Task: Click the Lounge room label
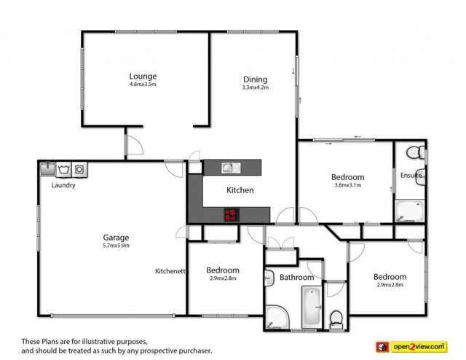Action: click(x=143, y=76)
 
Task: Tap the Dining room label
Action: click(x=255, y=79)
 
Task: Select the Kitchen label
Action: click(x=240, y=190)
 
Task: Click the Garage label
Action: click(x=116, y=238)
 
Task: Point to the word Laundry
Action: click(x=64, y=185)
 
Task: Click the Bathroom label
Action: click(x=297, y=278)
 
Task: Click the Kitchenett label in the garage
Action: click(x=171, y=271)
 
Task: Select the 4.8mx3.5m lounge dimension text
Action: click(x=143, y=85)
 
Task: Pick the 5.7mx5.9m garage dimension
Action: click(x=116, y=246)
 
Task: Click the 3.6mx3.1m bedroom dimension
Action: click(x=347, y=186)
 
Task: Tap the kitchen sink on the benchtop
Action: click(x=231, y=168)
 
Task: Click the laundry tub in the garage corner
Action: click(x=47, y=169)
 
